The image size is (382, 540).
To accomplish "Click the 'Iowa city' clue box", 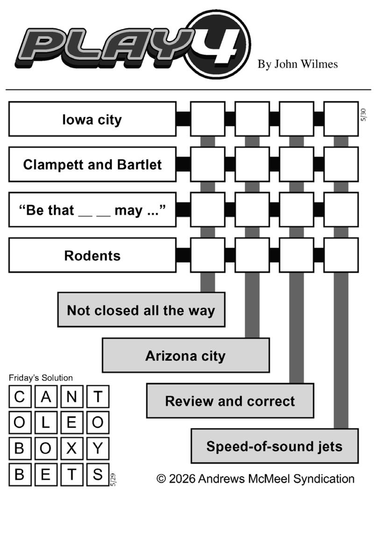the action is coord(92,119).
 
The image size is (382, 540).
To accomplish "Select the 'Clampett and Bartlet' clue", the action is coord(92,164).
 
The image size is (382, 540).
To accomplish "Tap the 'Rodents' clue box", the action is coord(92,255).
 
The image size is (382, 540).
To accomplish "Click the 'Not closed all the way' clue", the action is coord(141,310).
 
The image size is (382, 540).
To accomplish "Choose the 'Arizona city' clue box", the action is coord(186,355).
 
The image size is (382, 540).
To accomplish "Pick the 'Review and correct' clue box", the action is coord(230,400).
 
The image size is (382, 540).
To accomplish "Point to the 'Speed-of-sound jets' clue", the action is coord(275,446).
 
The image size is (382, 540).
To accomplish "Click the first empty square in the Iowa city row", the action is coord(207,119).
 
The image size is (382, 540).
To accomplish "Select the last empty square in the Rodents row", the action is coord(341,255).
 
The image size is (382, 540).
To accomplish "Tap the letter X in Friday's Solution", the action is coord(71,448).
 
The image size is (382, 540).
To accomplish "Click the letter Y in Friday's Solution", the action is coord(98,448).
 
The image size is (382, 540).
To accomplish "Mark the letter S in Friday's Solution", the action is coord(98,474).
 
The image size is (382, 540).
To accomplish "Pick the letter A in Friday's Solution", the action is coord(46,397).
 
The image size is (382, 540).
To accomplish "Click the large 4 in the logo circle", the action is coord(220,45).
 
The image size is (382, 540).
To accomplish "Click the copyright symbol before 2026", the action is coord(161,479).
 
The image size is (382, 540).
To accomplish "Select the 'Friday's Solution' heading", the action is coord(41,378).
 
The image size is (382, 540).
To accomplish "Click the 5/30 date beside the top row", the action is coord(363,115).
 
